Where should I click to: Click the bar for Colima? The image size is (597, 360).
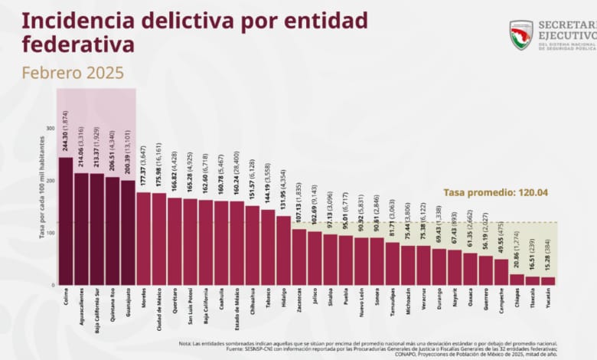click(66, 221)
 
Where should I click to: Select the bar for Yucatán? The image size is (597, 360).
click(547, 281)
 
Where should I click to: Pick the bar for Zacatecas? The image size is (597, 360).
click(298, 257)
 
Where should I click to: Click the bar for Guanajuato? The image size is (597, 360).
click(128, 233)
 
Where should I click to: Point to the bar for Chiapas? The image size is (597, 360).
click(517, 280)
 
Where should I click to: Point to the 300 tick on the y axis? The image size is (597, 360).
click(51, 129)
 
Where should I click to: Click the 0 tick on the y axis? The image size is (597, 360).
click(53, 285)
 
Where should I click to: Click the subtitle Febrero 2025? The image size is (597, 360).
click(73, 74)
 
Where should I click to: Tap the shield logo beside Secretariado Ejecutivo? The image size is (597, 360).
click(521, 34)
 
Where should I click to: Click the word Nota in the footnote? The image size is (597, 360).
click(186, 343)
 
